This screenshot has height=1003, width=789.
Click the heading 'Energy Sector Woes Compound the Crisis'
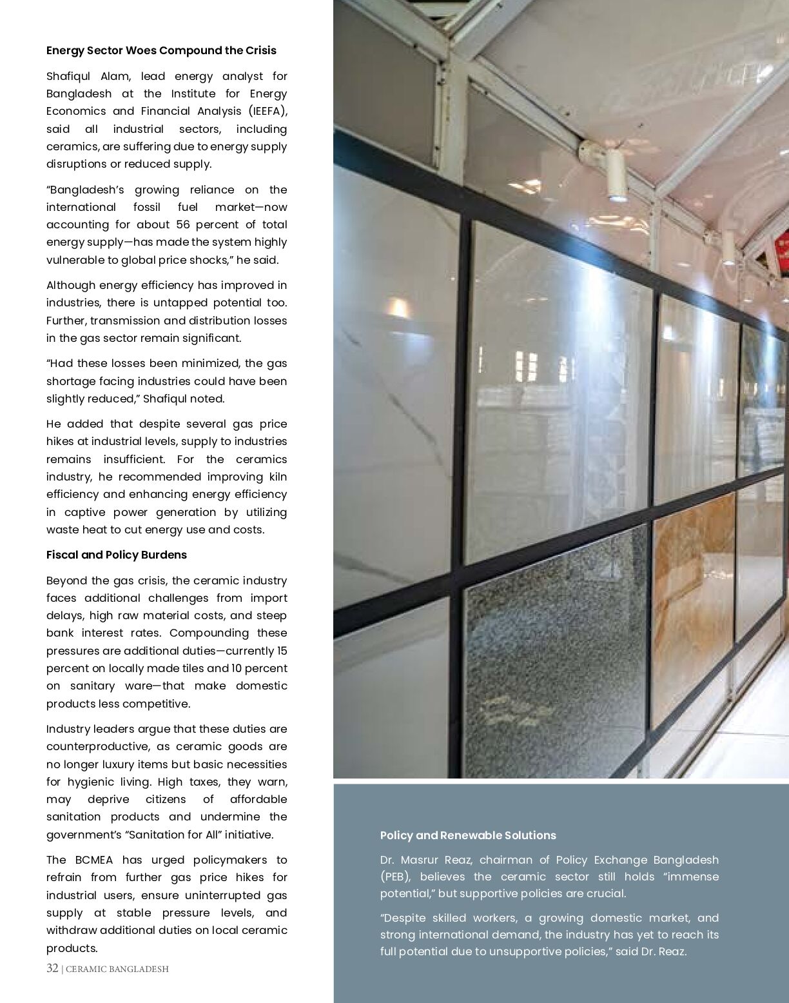pyautogui.click(x=161, y=50)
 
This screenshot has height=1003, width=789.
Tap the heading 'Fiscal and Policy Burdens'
pyautogui.click(x=116, y=555)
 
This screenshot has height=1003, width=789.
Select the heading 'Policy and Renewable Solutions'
pyautogui.click(x=467, y=835)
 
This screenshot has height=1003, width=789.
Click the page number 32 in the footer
pyautogui.click(x=52, y=968)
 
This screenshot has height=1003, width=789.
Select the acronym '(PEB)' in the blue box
pyautogui.click(x=393, y=877)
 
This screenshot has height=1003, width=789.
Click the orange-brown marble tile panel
pyautogui.click(x=694, y=606)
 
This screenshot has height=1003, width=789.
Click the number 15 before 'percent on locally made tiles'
pyautogui.click(x=282, y=651)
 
